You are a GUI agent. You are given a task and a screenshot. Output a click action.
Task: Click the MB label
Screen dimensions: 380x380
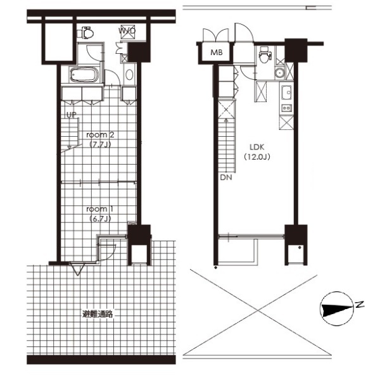coord(217,53)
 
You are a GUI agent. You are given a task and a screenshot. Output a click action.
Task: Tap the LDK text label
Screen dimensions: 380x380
coord(257,147)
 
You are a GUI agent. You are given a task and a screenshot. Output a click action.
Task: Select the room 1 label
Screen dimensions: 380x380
coord(100,208)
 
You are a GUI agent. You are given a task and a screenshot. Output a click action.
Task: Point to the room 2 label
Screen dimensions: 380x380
coord(100,135)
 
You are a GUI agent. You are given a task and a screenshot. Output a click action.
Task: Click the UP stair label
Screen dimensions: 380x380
coord(71,115)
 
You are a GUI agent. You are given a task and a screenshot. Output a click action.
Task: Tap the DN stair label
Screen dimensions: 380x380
coord(226,177)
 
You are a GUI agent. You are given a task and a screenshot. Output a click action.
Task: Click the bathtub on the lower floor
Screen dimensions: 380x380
coord(84,75)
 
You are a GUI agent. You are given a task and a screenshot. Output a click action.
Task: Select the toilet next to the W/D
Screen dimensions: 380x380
coord(85,33)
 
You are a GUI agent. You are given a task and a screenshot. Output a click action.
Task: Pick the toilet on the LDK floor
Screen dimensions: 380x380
coord(265,54)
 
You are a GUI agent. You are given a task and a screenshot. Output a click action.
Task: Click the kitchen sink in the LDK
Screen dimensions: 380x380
coord(286,92)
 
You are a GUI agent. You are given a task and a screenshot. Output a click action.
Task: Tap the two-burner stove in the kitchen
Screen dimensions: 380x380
coord(286,108)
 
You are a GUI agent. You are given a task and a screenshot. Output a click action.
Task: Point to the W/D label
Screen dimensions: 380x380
coord(127,31)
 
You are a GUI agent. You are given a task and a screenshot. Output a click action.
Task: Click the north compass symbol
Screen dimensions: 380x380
coord(336,308)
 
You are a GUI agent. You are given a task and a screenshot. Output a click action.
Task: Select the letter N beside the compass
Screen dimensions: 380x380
coord(360,305)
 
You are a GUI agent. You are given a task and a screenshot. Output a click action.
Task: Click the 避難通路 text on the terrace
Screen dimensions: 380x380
coord(98,314)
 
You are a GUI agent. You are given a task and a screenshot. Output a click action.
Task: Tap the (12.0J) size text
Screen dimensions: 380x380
coord(257,157)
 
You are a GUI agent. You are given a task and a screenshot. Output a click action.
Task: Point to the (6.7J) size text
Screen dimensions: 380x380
coord(100,218)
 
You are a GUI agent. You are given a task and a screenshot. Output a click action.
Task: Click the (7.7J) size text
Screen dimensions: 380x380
coord(100,144)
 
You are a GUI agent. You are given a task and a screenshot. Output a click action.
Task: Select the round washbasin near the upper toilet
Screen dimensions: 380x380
coord(280,73)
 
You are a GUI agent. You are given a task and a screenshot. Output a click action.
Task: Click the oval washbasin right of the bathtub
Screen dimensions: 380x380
coord(129,75)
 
